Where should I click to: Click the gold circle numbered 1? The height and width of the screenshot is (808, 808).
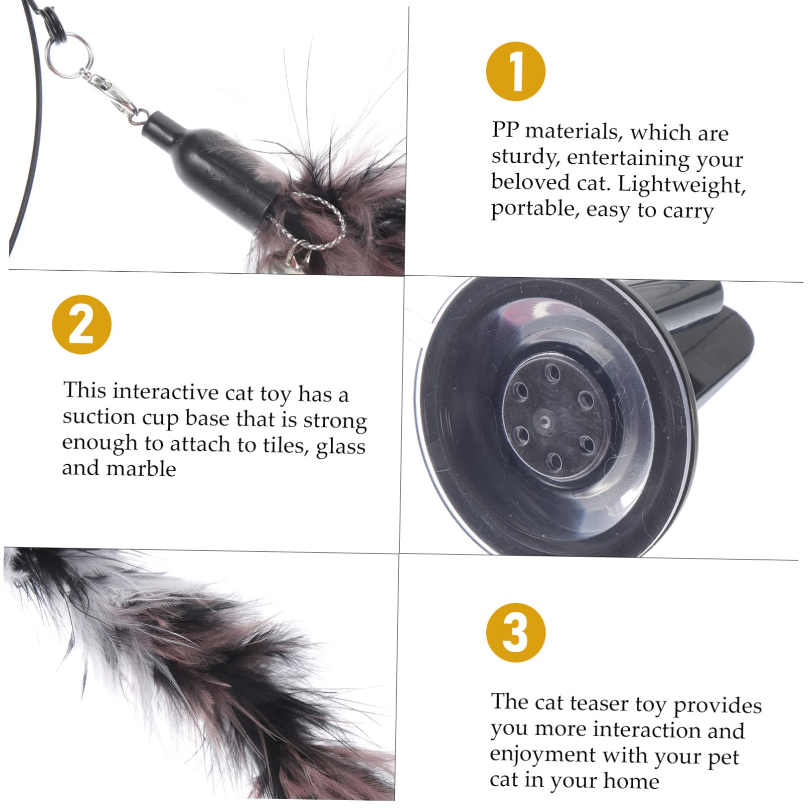coord(515,71)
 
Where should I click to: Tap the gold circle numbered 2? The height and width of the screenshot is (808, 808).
coord(82,324)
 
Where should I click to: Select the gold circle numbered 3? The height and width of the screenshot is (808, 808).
coord(515,632)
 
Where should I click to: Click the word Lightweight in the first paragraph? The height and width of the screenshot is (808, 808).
coord(682,185)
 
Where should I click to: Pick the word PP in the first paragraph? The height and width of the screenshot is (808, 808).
coord(505,130)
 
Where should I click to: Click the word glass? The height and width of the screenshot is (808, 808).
coord(341,447)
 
